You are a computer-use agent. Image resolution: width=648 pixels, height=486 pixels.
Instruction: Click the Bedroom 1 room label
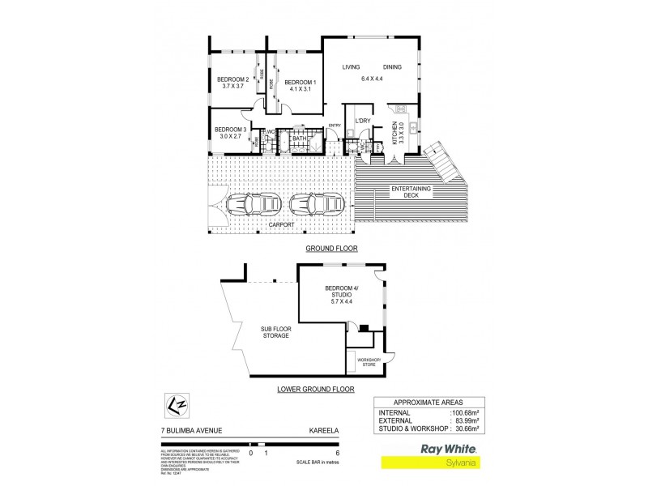[297, 85]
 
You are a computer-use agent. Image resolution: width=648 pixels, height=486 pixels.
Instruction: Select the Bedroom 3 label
[230, 133]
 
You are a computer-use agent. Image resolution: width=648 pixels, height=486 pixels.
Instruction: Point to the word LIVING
[351, 67]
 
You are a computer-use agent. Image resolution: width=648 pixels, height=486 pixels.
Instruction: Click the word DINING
[393, 67]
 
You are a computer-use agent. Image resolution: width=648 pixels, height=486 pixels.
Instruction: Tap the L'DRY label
[362, 122]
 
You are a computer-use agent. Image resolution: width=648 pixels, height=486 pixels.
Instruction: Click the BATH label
[300, 139]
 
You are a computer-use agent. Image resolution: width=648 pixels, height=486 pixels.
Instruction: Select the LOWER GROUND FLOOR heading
[316, 390]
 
